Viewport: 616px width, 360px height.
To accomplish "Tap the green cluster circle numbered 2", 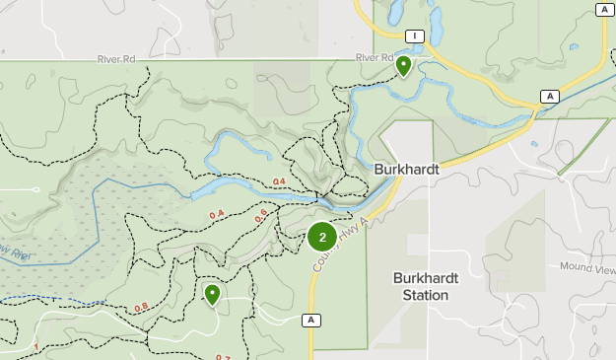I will (x=322, y=237).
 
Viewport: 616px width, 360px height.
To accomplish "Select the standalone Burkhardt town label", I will (x=406, y=170).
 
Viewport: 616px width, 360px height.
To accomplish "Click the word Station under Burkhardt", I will (x=426, y=295).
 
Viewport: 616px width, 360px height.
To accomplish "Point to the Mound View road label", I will (x=587, y=267).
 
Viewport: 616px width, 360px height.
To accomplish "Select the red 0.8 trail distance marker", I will (x=141, y=307).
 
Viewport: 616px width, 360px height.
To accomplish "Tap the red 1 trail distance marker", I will (x=35, y=346).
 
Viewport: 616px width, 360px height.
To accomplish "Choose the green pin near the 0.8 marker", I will (x=212, y=293).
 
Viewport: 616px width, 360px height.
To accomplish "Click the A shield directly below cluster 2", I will (x=311, y=320).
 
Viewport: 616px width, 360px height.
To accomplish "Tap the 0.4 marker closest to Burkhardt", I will (x=279, y=181).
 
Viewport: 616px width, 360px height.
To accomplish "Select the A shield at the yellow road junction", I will (x=549, y=96).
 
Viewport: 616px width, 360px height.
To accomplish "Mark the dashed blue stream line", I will (x=49, y=297).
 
